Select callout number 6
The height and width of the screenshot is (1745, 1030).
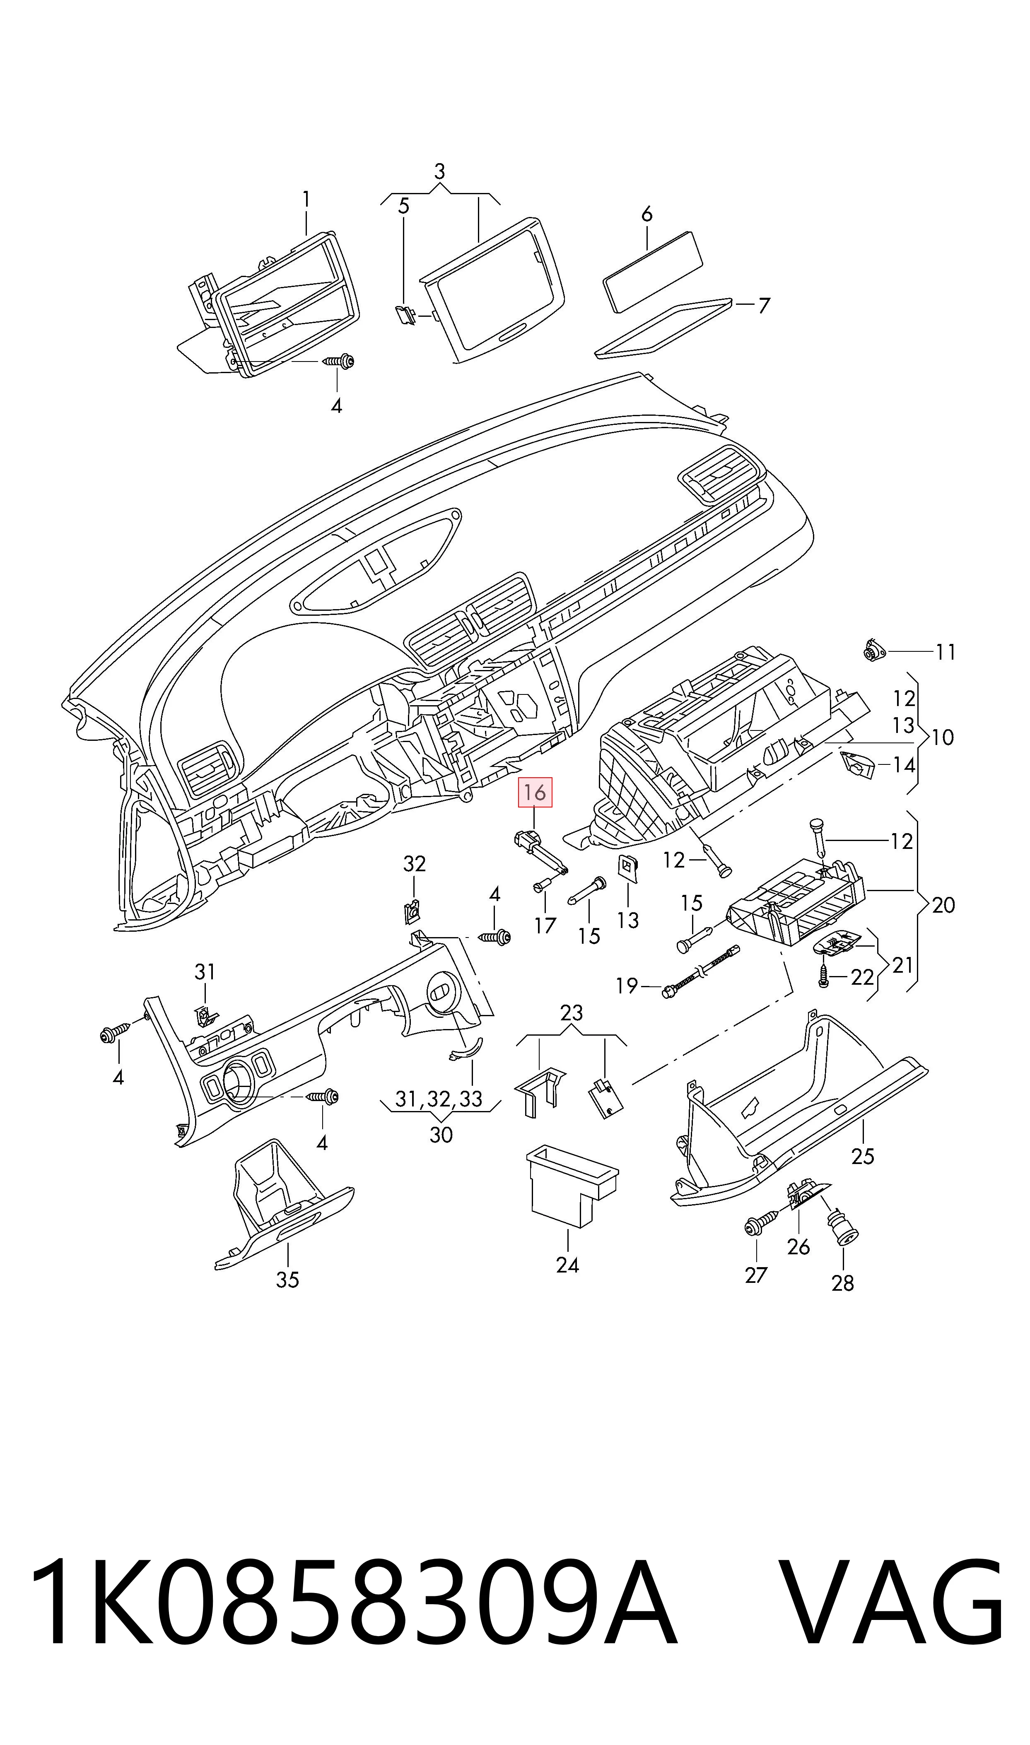(647, 215)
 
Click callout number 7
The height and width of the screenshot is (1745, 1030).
(764, 305)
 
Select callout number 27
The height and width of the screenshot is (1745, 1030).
(756, 1275)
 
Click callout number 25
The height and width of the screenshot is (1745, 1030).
(863, 1157)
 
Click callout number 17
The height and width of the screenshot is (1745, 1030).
(545, 925)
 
